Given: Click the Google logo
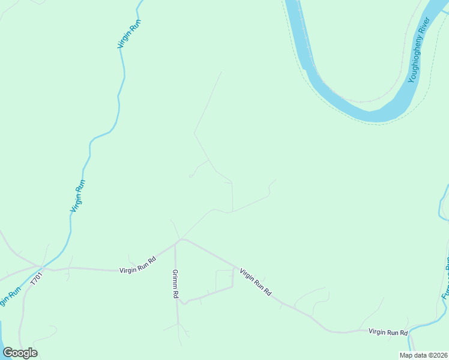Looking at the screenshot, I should click(x=20, y=353).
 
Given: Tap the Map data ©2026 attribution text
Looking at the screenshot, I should click(x=423, y=355).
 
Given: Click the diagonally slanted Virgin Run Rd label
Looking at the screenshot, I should click(x=256, y=282).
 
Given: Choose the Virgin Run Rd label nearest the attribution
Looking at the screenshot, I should click(x=388, y=332).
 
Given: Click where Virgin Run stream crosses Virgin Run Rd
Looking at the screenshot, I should click(x=41, y=266).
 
